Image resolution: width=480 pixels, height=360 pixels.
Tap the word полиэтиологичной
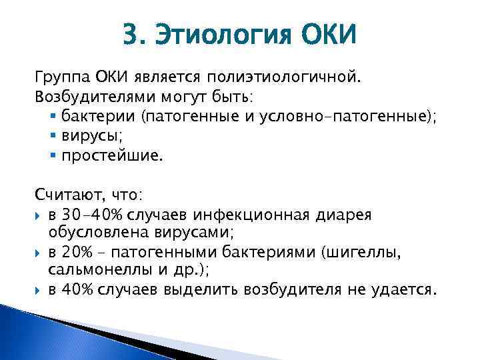pyautogui.click(x=291, y=79)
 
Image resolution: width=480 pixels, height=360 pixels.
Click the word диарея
pyautogui.click(x=367, y=214)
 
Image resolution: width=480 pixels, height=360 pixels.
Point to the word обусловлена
pyautogui.click(x=89, y=233)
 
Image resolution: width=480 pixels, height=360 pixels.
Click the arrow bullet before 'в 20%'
pyautogui.click(x=39, y=253)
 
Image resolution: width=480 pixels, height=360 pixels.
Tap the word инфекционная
pyautogui.click(x=268, y=214)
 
